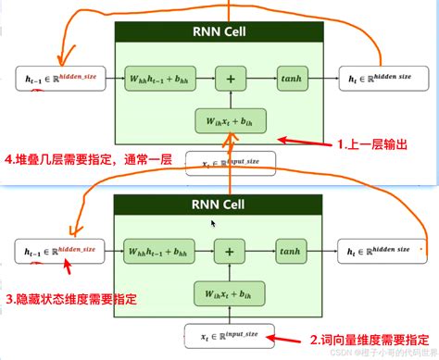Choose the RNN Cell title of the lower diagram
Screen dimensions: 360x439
click(219, 205)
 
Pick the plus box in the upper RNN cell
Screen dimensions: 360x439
click(230, 81)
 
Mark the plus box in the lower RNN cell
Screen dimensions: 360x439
click(230, 250)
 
